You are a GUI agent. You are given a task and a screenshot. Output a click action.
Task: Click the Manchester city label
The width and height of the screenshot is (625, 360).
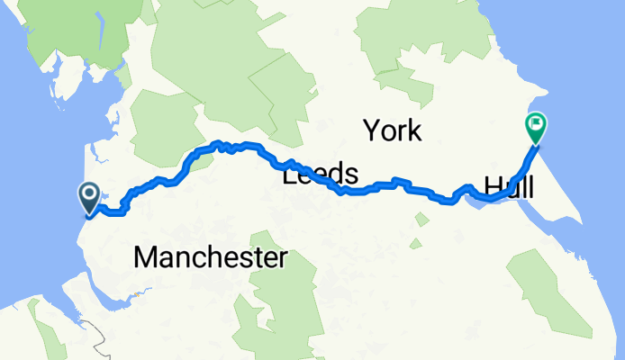[210, 258]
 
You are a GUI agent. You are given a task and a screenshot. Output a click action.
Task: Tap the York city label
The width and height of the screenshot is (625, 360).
[393, 131]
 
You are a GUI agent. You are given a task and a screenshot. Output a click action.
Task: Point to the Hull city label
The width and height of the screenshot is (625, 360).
[509, 187]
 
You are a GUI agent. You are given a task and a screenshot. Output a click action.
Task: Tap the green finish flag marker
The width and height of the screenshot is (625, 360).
[536, 126]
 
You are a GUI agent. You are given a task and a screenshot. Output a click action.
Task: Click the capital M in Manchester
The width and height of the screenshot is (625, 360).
[145, 258]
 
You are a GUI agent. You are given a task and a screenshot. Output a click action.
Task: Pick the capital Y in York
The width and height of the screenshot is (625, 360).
[371, 131]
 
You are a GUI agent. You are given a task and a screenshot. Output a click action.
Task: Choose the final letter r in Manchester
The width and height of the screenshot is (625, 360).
[282, 258]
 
